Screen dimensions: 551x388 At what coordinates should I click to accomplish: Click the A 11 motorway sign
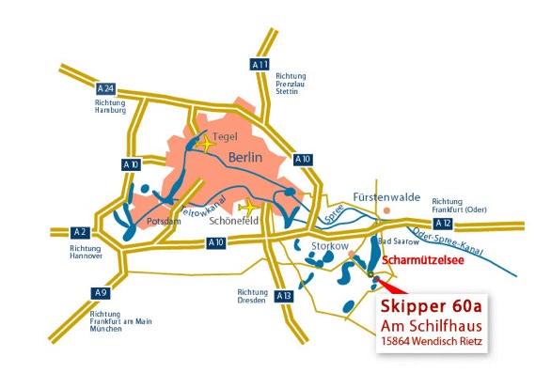pos(260,64)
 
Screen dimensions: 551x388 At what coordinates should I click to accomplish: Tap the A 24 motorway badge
pos(105,89)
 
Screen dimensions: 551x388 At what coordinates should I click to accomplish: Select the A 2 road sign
pos(80,232)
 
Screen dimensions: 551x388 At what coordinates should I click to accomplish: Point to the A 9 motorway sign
pos(101,293)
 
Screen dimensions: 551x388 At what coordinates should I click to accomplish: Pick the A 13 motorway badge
pos(284,296)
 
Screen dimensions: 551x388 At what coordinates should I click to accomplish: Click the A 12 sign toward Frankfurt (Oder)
pos(443,224)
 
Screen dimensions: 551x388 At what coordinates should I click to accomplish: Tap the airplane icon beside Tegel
pos(206,144)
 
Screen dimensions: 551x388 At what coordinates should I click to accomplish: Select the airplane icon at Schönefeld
pos(248,208)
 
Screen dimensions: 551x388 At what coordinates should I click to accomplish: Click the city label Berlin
pos(245,157)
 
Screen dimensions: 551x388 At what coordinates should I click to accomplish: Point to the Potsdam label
pos(164,221)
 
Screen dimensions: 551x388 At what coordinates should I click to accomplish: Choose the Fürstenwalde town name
pos(386,197)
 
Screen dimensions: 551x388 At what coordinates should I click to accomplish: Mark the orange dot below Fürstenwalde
pos(386,210)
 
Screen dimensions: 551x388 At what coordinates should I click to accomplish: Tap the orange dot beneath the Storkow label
pos(351,254)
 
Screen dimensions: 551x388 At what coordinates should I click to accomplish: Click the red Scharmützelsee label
pos(423,260)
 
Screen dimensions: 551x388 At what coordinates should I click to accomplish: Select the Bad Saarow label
pos(399,241)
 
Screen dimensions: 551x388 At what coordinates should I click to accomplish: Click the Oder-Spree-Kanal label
pos(448,241)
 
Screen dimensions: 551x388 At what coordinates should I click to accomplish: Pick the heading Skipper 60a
pos(432,306)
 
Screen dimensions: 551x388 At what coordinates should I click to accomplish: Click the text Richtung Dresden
pos(252,296)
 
